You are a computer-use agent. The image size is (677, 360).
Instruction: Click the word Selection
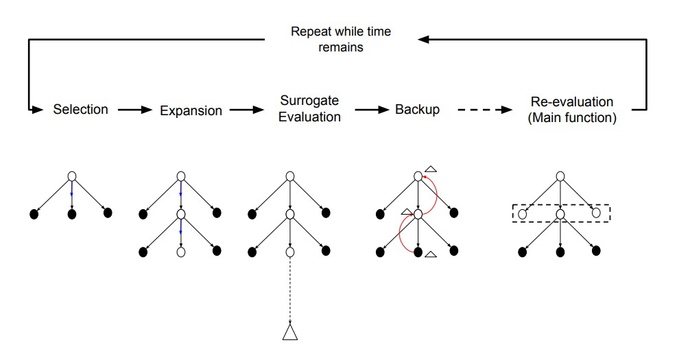[80, 109]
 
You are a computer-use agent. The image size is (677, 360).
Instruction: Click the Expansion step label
[191, 110]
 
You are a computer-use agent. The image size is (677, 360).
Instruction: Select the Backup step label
[417, 109]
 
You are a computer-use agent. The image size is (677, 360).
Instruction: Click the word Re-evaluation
[571, 103]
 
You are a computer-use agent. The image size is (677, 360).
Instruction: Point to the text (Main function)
[571, 118]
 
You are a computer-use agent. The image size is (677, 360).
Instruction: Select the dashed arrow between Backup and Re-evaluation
[484, 110]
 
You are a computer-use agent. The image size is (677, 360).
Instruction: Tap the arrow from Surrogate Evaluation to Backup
[371, 109]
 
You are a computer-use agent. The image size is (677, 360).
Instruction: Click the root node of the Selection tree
[72, 176]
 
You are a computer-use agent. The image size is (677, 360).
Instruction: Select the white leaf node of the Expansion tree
[181, 252]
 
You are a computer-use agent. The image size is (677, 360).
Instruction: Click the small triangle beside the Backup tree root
[431, 169]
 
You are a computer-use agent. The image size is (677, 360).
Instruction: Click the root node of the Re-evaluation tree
[560, 176]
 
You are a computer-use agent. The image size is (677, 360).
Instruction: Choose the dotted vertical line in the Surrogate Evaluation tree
[290, 288]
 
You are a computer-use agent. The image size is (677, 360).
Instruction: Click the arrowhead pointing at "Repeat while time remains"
[424, 40]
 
